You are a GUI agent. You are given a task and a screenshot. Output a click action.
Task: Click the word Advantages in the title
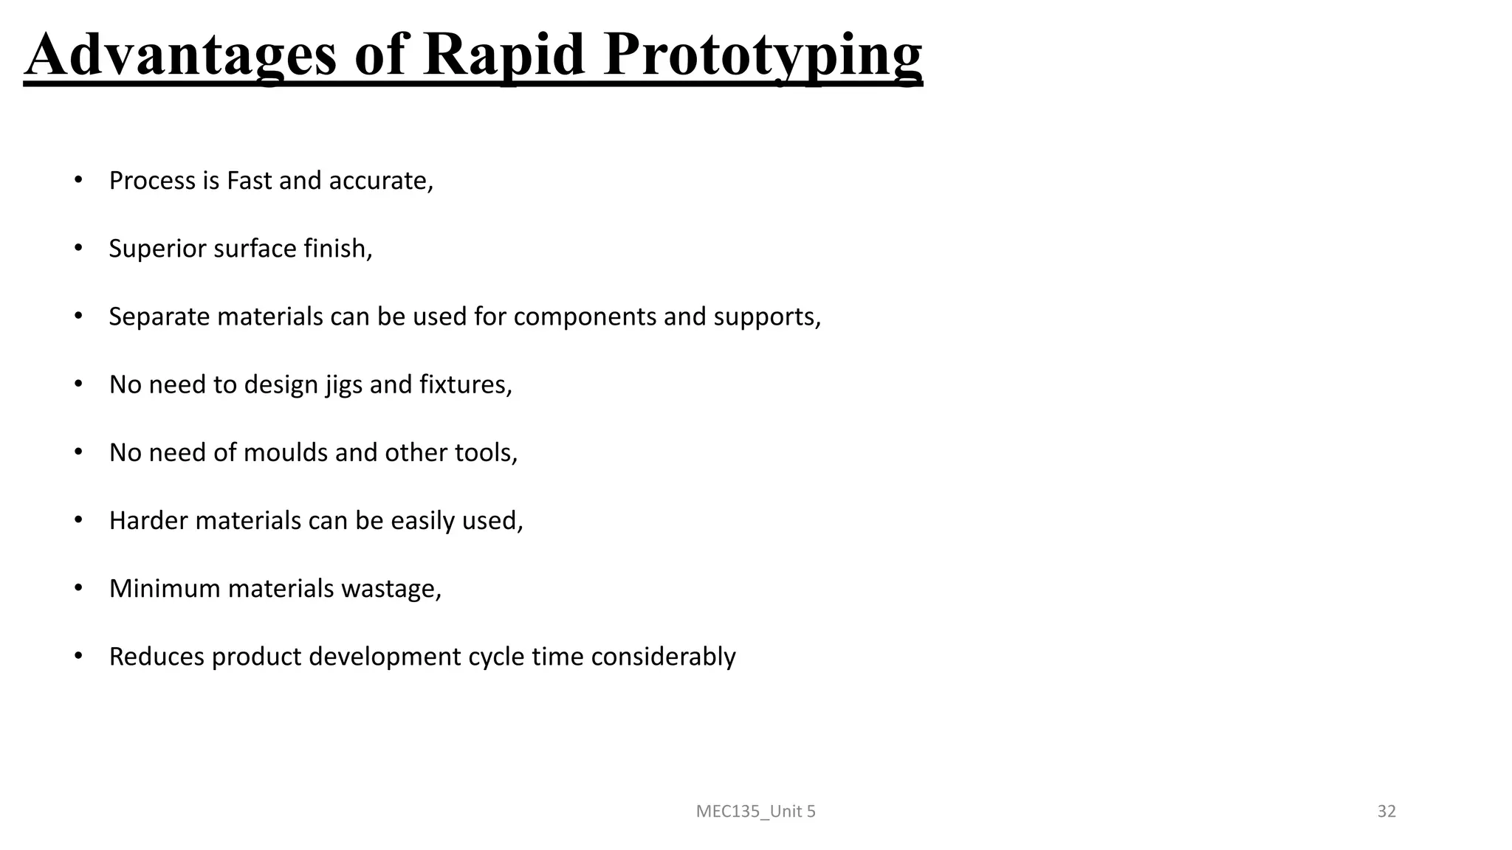(181, 55)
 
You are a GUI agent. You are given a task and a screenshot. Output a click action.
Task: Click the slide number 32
(1386, 812)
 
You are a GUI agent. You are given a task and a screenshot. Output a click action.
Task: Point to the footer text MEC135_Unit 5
(755, 812)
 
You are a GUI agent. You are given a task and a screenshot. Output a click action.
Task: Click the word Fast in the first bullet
(249, 181)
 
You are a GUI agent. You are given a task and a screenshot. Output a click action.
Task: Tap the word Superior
(157, 249)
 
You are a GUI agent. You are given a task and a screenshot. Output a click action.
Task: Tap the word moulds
(285, 453)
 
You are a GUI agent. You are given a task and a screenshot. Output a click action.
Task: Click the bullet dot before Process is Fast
(78, 180)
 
